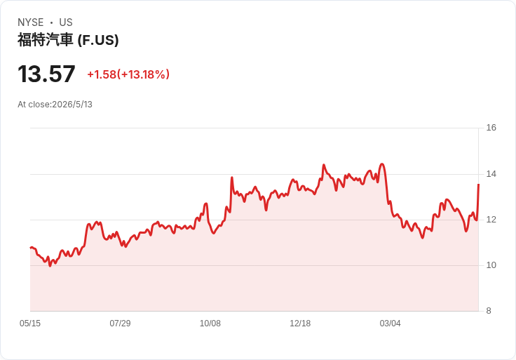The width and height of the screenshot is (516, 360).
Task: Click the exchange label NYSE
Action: [x=31, y=22]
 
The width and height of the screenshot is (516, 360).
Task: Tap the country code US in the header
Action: [x=66, y=22]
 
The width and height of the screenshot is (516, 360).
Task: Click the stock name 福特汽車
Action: [x=45, y=40]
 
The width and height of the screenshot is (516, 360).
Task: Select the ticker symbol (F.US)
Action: [x=98, y=40]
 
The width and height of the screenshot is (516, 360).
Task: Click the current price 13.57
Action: [x=46, y=74]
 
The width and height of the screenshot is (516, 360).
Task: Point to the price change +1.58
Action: [x=102, y=74]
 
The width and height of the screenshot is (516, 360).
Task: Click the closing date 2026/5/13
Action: [x=72, y=105]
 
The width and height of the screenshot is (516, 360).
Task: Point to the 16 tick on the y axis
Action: [x=491, y=128]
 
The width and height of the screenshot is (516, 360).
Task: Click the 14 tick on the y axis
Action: [x=491, y=174]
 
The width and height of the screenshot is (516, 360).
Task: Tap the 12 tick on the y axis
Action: [x=491, y=220]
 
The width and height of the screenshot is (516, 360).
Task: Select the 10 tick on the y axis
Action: [x=491, y=265]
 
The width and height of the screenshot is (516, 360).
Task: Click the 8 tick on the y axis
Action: [x=489, y=311]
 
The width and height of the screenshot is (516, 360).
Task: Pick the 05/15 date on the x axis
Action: [x=30, y=324]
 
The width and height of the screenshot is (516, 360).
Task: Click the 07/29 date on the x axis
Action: [x=120, y=324]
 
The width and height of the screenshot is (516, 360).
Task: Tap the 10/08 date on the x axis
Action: [x=210, y=324]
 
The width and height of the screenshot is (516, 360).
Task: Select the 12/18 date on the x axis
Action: [x=300, y=324]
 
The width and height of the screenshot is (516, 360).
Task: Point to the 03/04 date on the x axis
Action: [x=391, y=324]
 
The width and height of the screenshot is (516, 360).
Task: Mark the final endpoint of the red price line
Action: [x=478, y=185]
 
